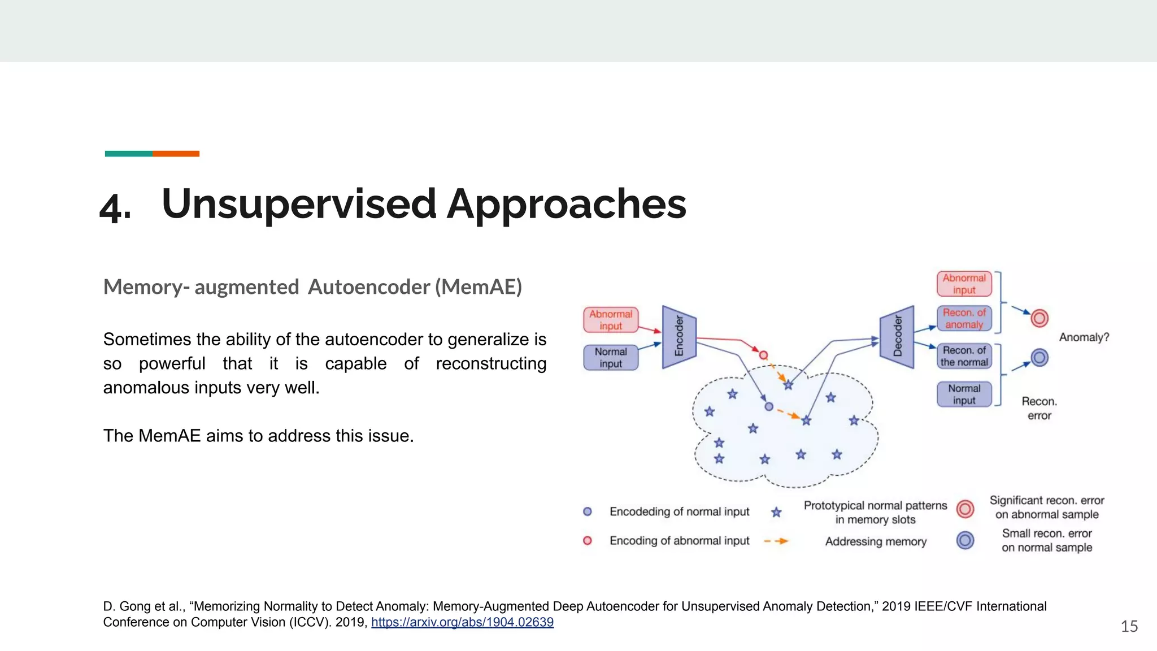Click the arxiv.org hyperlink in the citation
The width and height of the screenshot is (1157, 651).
click(462, 622)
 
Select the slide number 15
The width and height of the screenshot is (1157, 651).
click(1129, 626)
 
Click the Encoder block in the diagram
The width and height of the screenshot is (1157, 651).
click(679, 337)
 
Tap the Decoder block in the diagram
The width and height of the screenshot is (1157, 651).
click(897, 337)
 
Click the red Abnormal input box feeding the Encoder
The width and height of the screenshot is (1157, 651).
click(611, 320)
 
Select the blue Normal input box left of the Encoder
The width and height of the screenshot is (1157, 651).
click(611, 358)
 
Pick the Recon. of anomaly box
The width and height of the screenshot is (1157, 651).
click(964, 319)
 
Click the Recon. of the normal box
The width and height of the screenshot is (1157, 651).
click(964, 356)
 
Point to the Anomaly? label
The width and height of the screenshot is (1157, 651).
click(1084, 337)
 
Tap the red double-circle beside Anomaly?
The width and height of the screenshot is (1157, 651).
click(1039, 318)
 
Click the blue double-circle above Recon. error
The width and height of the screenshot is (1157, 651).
click(1039, 357)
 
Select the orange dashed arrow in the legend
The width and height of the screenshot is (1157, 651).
click(776, 541)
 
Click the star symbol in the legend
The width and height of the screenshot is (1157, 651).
click(776, 513)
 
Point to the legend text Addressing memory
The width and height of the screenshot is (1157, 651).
click(876, 541)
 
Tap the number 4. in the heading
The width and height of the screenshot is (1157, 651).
click(115, 207)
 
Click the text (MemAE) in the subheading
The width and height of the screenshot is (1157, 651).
click(479, 287)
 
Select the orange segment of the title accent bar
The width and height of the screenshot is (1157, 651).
click(176, 154)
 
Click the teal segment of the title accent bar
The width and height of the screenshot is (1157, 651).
click(128, 154)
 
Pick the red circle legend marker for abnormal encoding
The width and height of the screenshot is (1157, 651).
click(588, 541)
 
